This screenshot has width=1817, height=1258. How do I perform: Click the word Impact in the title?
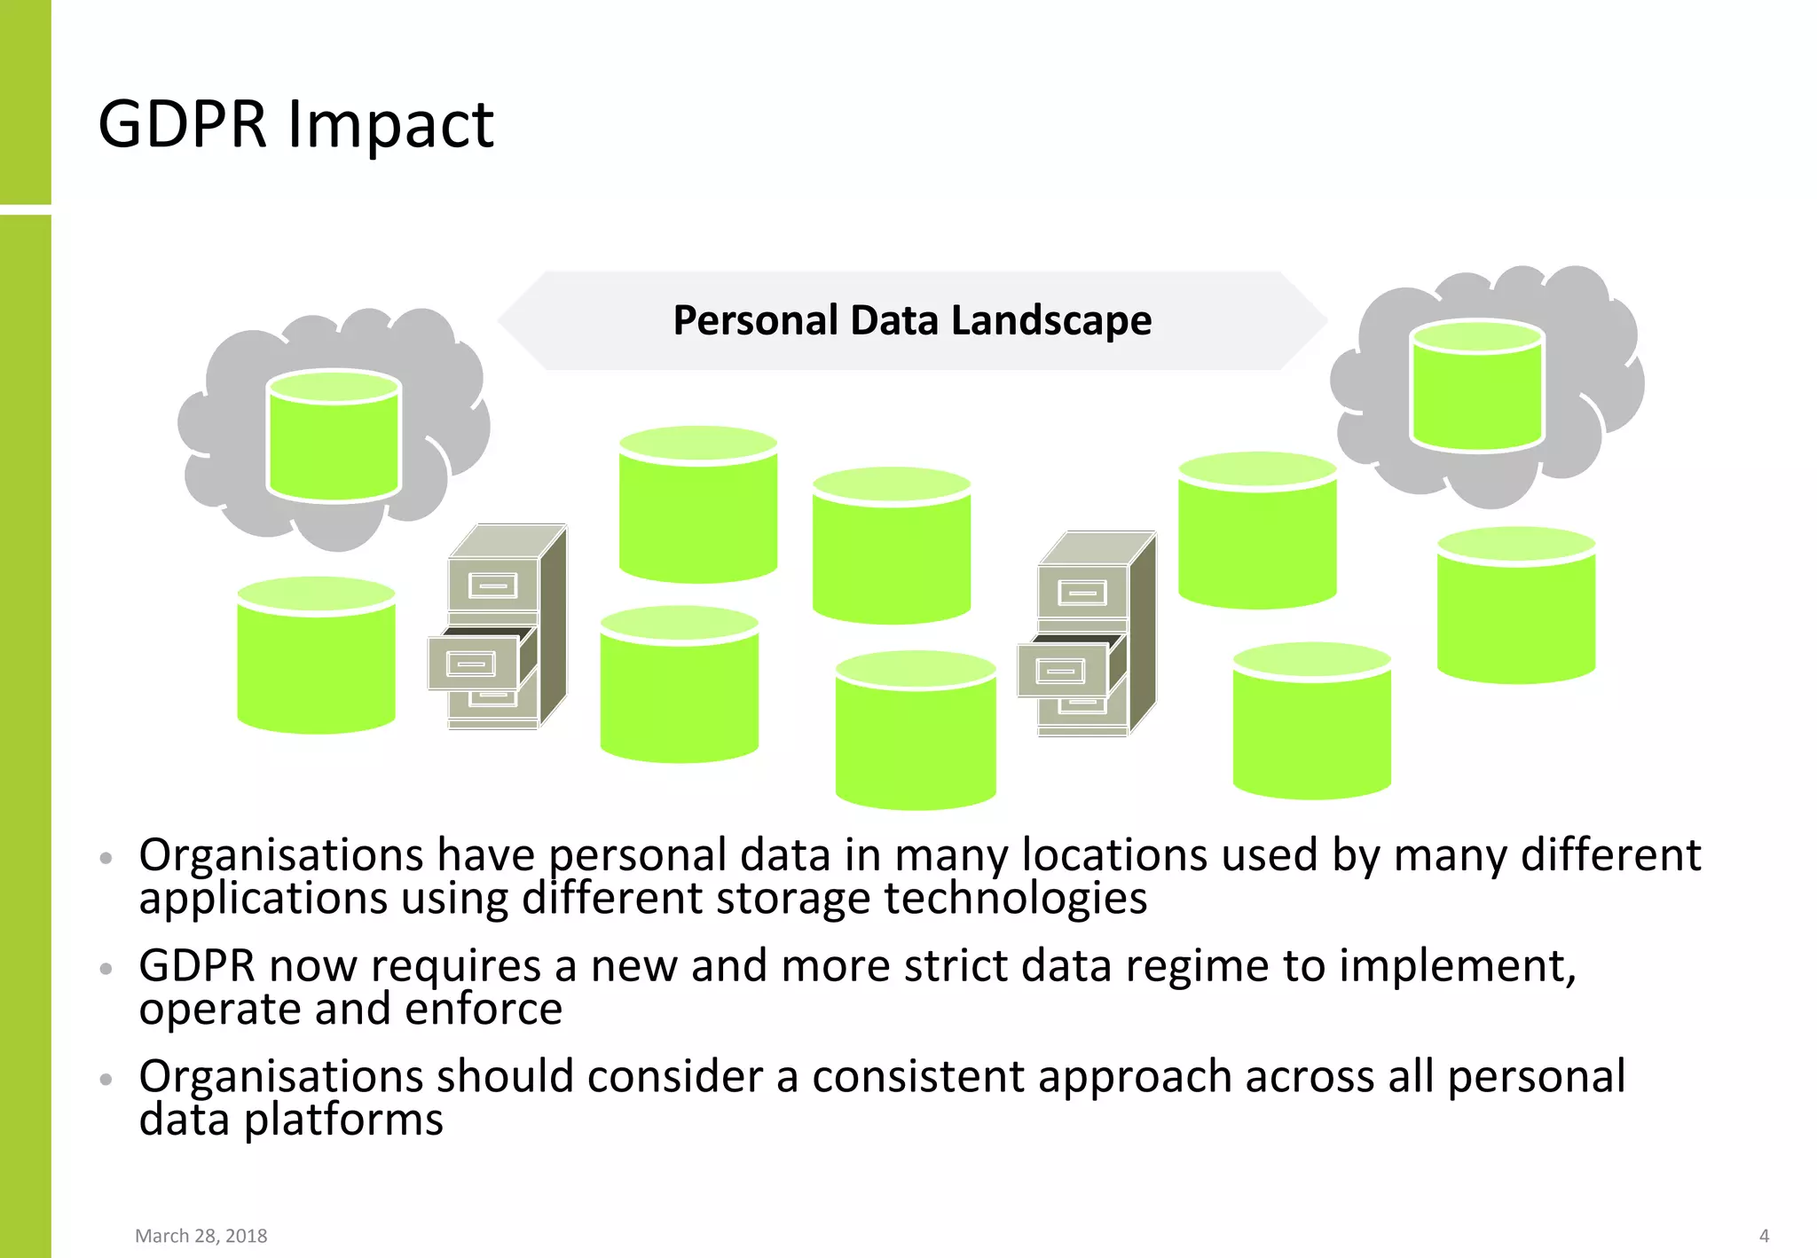(x=389, y=125)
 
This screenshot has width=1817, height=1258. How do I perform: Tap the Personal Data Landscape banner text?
(x=912, y=320)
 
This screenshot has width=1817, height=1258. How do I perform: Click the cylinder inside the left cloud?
(x=334, y=436)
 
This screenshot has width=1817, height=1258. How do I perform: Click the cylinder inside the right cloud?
(x=1477, y=387)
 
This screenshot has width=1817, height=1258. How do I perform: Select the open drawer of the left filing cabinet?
(x=473, y=663)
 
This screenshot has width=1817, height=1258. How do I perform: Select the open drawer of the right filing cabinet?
(x=1062, y=670)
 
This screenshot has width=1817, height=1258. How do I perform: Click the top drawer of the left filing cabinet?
(x=493, y=586)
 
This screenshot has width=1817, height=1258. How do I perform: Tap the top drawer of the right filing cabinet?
(x=1082, y=592)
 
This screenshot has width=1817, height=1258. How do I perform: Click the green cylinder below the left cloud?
(x=316, y=657)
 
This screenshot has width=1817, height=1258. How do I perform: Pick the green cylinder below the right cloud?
(x=1515, y=607)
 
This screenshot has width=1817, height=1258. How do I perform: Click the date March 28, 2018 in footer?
(x=201, y=1236)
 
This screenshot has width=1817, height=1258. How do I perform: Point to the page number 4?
(x=1764, y=1236)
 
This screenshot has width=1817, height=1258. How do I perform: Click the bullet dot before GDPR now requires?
(x=106, y=969)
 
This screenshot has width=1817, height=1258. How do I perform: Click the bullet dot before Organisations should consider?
(x=106, y=1080)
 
